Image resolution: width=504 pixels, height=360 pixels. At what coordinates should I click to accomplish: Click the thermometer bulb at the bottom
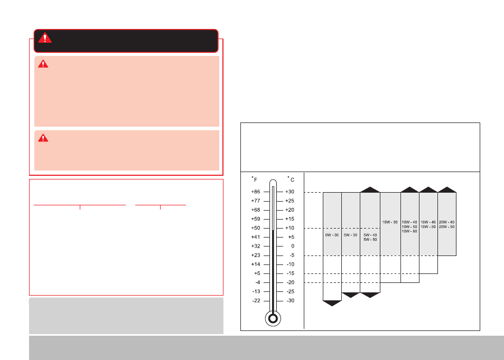pyautogui.click(x=273, y=319)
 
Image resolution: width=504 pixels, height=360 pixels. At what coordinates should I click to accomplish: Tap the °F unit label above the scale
pyautogui.click(x=254, y=179)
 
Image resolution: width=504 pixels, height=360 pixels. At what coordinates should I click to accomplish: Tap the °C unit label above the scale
pyautogui.click(x=291, y=179)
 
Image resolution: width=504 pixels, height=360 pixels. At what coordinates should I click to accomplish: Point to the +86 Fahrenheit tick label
pyautogui.click(x=256, y=192)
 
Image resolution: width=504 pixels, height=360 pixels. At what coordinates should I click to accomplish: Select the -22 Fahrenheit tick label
pyautogui.click(x=256, y=300)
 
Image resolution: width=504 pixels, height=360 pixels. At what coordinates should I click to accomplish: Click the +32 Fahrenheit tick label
pyautogui.click(x=256, y=247)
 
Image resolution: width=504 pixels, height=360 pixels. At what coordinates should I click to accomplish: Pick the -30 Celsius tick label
pyautogui.click(x=290, y=300)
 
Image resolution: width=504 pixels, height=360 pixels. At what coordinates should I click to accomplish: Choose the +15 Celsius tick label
pyautogui.click(x=290, y=219)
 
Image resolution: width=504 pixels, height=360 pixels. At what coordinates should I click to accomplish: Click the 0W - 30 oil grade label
pyautogui.click(x=332, y=235)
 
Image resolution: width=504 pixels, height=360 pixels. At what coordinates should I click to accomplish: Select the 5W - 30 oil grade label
pyautogui.click(x=350, y=235)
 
